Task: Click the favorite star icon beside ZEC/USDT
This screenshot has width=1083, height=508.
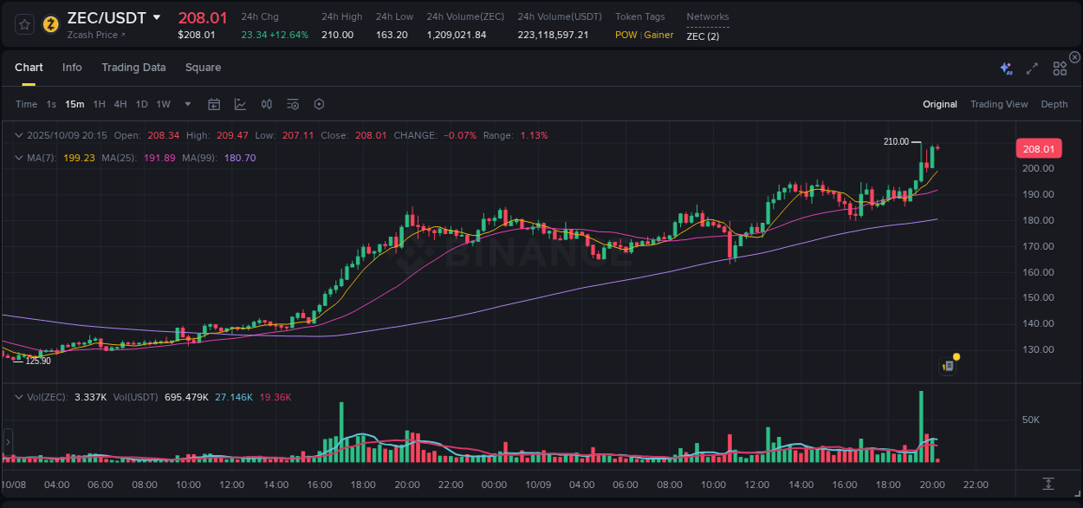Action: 25,23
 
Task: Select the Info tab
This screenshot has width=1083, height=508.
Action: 72,68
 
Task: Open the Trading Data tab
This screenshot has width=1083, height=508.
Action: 133,68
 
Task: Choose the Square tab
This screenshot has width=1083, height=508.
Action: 203,68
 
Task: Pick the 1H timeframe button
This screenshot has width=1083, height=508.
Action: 99,104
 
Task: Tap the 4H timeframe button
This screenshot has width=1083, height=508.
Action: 120,104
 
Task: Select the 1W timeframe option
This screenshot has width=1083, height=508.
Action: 163,104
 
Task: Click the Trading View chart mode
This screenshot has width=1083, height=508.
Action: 998,104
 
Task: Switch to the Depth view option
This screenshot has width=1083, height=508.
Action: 1054,104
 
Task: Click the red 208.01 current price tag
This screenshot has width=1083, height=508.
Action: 1038,149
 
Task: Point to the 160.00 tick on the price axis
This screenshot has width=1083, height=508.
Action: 1038,272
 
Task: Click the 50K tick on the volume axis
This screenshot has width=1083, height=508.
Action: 1031,420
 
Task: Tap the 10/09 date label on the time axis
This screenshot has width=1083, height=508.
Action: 538,485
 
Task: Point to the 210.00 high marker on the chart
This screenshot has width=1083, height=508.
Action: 896,141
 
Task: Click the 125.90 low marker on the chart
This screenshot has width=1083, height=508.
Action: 38,361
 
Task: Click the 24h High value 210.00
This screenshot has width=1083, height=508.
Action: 337,35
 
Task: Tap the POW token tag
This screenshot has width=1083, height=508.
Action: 626,35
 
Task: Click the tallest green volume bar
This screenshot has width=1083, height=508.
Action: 920,425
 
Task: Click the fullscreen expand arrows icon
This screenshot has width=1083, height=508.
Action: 1032,68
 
